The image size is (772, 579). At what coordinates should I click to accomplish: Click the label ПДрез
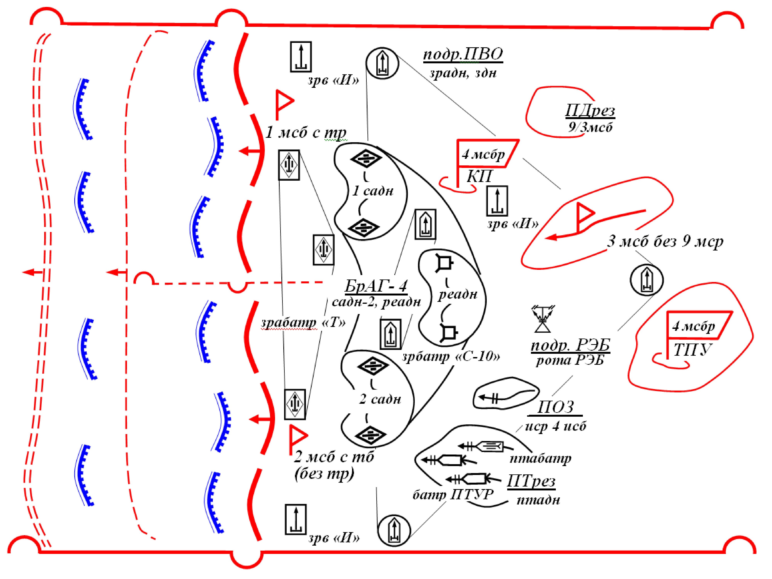tap(590, 111)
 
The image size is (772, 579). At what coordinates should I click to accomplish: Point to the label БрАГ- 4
tap(376, 286)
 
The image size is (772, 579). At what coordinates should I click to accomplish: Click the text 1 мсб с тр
tap(306, 133)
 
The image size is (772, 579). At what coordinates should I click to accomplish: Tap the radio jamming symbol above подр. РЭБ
tap(543, 319)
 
